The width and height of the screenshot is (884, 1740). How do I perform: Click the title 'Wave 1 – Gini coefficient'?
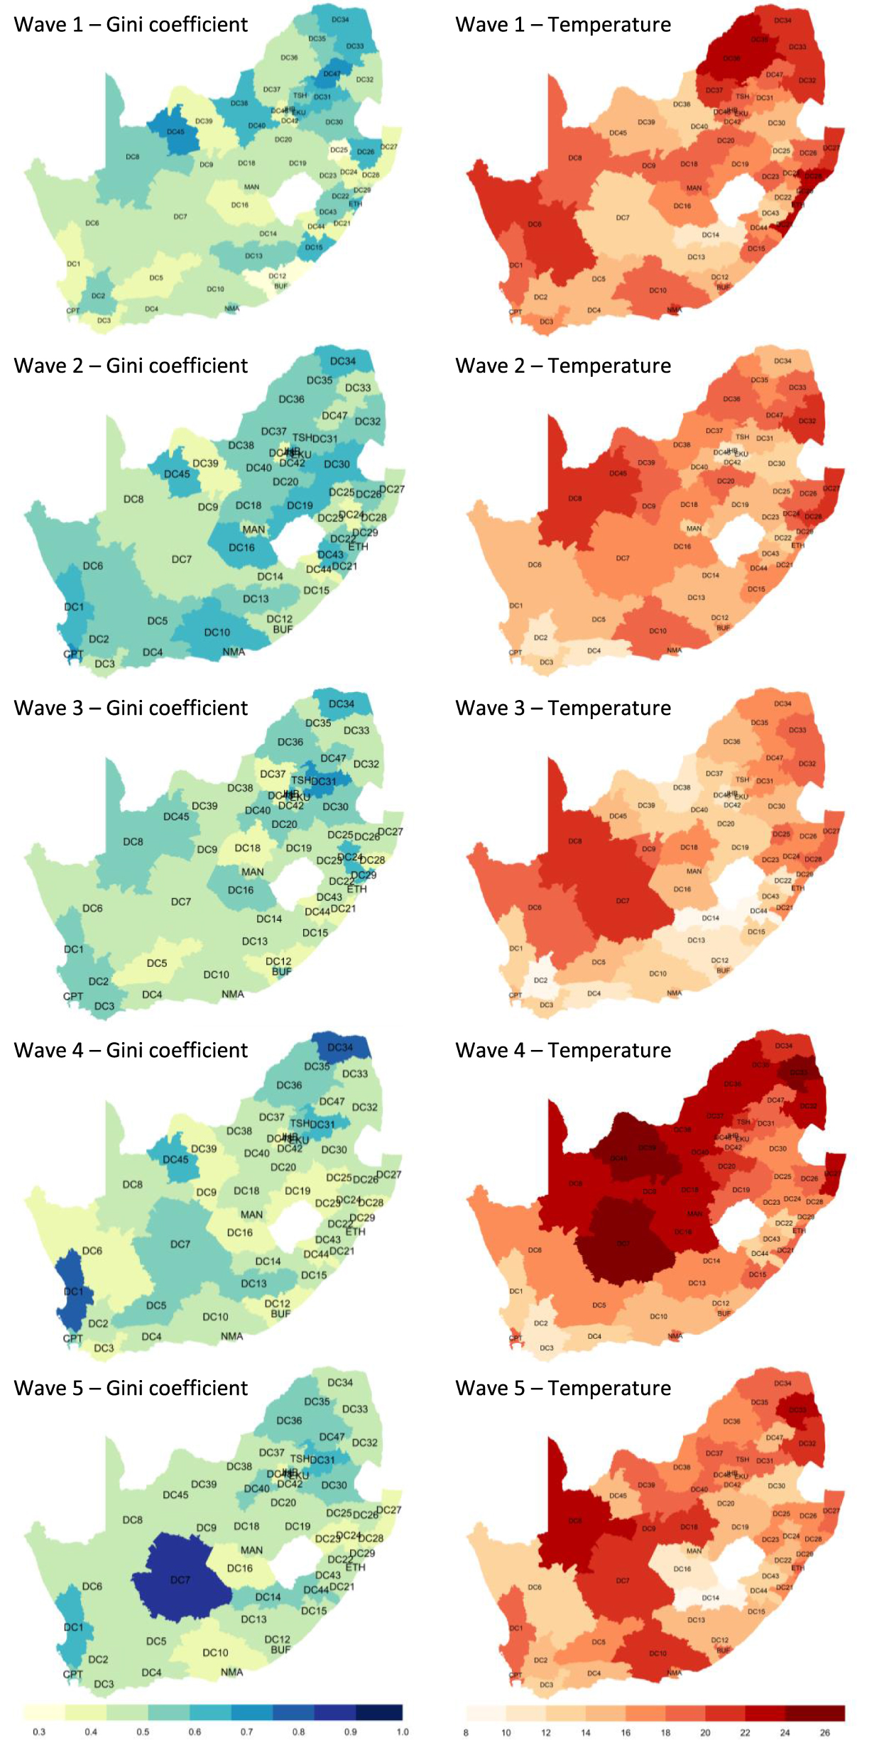131,25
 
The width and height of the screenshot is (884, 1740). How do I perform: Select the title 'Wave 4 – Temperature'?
563,1050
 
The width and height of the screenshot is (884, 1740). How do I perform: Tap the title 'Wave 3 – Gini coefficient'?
131,708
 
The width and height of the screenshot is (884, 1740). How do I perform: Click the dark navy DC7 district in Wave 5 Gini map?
180,1580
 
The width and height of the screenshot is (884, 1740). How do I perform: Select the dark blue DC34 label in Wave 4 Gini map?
340,1047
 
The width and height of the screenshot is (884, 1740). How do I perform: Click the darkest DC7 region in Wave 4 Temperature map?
623,1243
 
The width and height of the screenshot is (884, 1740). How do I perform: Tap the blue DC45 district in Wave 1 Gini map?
175,131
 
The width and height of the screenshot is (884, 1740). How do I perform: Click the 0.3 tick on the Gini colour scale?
39,1731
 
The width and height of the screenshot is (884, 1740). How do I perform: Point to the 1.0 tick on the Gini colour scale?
403,1731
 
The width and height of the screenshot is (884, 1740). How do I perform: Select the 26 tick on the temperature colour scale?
825,1732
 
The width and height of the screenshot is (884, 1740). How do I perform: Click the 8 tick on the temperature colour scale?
466,1732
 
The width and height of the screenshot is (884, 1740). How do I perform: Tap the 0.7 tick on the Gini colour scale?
246,1731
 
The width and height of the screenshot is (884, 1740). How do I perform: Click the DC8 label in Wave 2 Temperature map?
574,498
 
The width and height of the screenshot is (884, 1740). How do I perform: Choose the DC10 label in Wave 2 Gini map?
217,632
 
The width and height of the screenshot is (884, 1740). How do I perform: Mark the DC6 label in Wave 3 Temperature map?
535,907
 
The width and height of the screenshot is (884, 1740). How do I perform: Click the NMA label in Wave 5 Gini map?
232,1672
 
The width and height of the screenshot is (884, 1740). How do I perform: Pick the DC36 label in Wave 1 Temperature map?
731,58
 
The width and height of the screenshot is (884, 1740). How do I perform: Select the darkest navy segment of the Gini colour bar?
379,1712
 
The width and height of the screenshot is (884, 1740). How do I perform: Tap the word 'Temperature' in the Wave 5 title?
609,1388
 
